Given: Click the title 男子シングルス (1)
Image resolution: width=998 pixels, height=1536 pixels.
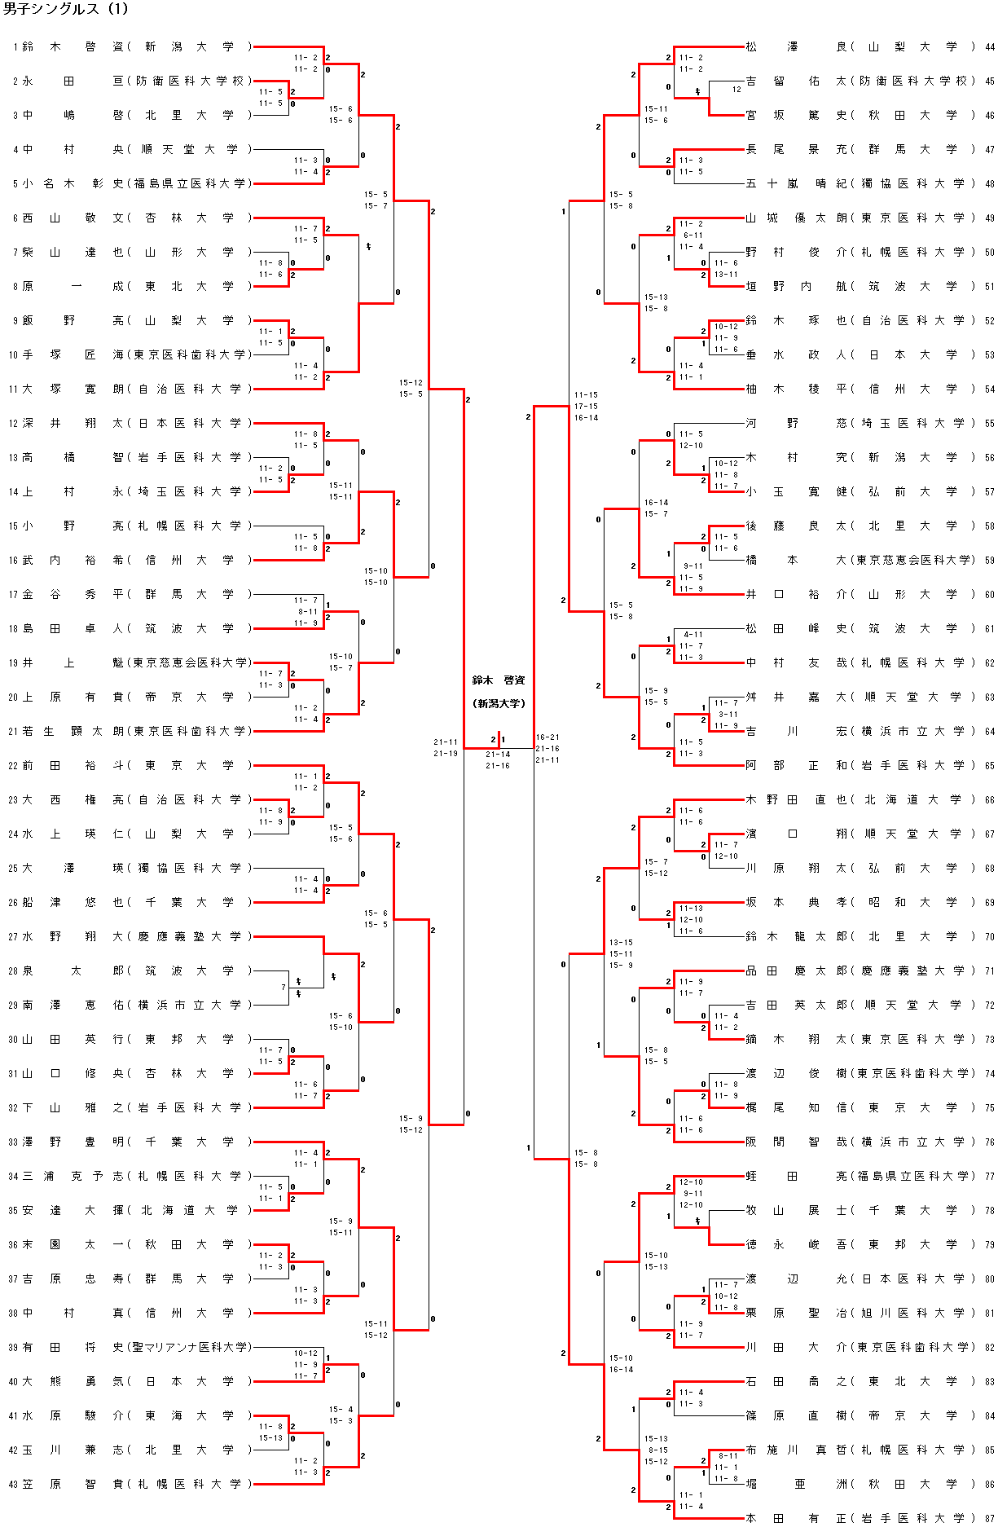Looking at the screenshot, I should point(66,9).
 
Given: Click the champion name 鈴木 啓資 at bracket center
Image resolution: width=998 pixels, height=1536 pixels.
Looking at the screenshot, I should point(499,680).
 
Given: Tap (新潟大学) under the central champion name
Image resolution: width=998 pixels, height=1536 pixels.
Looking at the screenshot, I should point(499,703).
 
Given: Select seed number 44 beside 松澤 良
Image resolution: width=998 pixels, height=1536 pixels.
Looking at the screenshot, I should point(990,47).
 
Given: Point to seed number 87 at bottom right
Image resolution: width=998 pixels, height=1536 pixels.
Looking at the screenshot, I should point(990,1518).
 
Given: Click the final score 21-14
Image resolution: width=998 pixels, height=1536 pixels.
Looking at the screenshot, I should point(498,755).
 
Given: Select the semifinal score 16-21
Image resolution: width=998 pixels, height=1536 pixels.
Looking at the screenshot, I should point(547,737).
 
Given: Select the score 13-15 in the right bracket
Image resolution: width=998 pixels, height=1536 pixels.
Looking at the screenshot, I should point(621,943).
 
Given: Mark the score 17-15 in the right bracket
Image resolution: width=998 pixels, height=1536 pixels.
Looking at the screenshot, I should point(586,407).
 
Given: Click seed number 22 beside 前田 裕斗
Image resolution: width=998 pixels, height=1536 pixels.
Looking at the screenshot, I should point(12,765).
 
